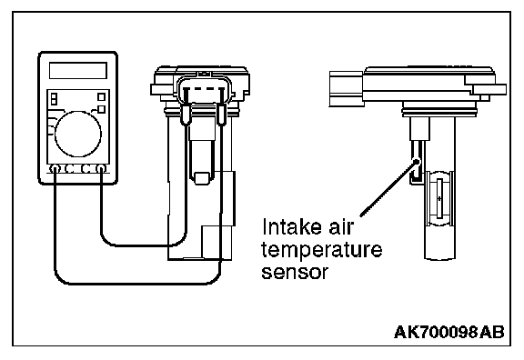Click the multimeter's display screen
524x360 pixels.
78,71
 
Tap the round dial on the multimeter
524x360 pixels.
78,134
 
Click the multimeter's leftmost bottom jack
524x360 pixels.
55,169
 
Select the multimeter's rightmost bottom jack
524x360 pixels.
101,169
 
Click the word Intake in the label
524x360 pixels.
287,227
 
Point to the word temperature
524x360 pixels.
321,250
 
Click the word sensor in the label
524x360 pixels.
295,272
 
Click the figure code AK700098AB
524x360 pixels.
448,333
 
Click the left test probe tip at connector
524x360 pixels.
186,115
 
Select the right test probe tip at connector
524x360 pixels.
221,115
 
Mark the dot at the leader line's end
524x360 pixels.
417,162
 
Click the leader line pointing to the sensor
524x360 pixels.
388,189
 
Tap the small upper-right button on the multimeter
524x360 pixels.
101,97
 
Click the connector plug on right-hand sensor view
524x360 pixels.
347,89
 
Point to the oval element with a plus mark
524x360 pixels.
439,199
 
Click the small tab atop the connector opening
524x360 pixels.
204,74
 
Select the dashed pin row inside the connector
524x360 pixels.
204,89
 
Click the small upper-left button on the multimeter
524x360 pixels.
54,99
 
